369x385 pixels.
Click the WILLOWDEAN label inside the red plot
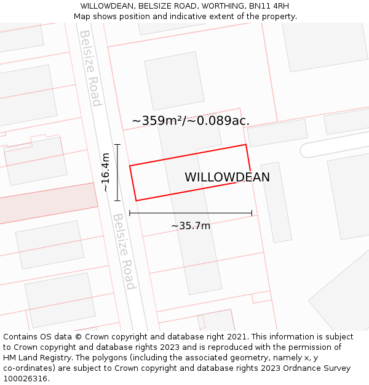pos(227,177)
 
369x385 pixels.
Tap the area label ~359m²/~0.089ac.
pos(191,121)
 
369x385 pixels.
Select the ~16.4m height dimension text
pos(106,172)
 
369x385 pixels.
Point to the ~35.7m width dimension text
pos(191,226)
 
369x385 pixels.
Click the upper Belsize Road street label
pos(90,68)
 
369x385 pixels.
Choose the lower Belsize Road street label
pos(124,251)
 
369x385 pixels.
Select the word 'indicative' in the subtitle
pos(177,17)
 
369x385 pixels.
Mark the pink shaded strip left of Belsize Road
pos(46,203)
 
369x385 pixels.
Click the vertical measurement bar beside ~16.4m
pos(117,172)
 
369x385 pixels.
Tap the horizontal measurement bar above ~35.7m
pos(191,214)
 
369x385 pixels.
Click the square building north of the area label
pos(174,80)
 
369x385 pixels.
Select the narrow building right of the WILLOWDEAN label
pos(276,201)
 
